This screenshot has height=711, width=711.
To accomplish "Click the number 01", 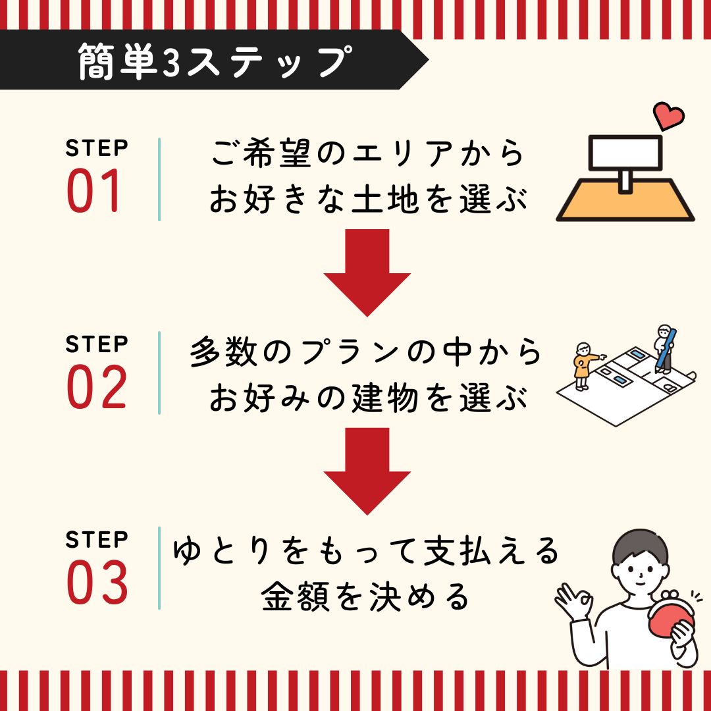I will coord(95,192).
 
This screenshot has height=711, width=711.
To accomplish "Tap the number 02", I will coord(96,388).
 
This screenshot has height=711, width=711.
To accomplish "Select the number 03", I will coord(97,584).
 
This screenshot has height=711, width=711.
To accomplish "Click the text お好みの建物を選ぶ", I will coord(367,399).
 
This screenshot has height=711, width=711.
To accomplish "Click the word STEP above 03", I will coord(96,540).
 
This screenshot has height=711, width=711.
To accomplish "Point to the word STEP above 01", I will coord(96,149).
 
